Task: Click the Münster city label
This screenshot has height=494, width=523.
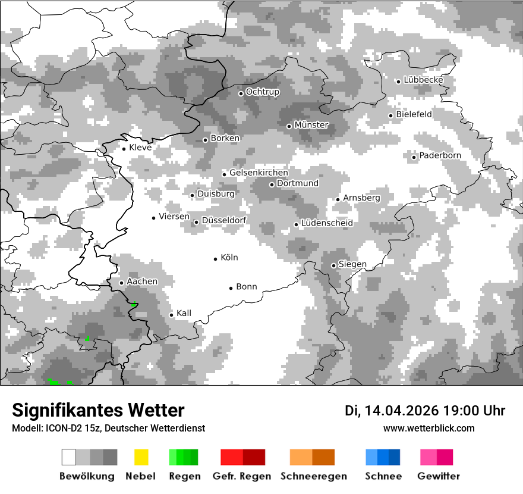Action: (311, 125)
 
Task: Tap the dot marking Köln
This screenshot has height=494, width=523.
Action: (216, 258)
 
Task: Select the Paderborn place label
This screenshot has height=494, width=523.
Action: (440, 156)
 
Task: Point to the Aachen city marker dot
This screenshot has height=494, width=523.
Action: (121, 283)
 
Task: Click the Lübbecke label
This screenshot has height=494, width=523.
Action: (423, 80)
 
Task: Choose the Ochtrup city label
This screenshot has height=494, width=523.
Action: (262, 92)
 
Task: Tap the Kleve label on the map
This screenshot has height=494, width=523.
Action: (140, 148)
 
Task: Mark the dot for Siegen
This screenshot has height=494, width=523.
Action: (333, 265)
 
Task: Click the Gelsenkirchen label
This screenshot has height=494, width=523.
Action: (259, 173)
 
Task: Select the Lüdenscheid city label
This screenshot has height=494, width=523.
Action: (327, 223)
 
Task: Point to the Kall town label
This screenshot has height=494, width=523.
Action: (184, 314)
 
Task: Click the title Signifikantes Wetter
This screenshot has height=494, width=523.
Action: (98, 410)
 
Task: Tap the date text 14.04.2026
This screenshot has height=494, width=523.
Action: (399, 411)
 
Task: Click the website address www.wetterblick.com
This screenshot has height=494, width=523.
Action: (429, 429)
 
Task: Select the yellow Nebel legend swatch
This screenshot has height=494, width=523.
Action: (141, 457)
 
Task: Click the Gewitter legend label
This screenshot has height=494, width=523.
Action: (438, 476)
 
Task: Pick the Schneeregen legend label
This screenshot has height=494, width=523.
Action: (313, 476)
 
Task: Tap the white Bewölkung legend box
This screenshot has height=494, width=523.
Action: (69, 457)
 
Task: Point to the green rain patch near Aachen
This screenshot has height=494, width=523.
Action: (134, 305)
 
